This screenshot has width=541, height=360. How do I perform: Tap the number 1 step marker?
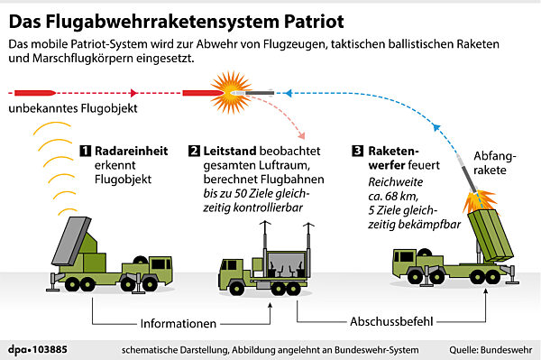click(87, 150)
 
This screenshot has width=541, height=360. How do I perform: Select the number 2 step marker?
click(194, 150)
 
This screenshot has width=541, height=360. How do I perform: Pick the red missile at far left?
click(33, 91)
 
